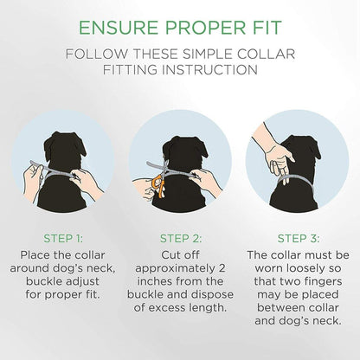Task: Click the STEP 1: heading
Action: click(x=63, y=239)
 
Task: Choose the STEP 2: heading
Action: click(x=181, y=239)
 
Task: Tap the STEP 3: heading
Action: click(x=299, y=239)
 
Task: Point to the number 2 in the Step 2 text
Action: click(x=222, y=268)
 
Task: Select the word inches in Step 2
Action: click(x=154, y=281)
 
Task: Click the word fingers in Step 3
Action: click(x=324, y=281)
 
